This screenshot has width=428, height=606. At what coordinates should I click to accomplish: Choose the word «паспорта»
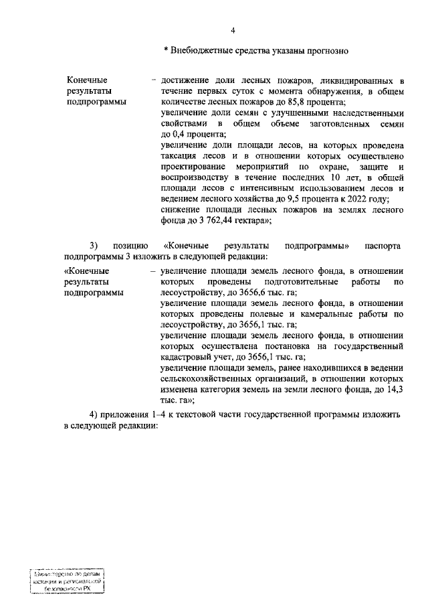tap(383, 246)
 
